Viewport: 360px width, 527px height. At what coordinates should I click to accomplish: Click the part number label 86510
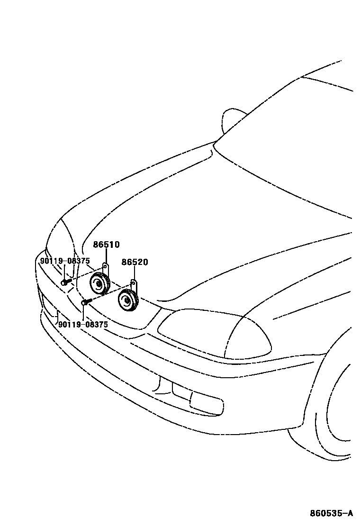[106, 245]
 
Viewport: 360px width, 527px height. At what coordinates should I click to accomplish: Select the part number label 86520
[135, 262]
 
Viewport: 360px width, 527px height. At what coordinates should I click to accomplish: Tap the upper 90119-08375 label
[65, 261]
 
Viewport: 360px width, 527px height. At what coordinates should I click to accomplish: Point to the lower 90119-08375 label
[83, 324]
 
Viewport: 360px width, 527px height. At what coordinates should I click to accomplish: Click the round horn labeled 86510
[99, 284]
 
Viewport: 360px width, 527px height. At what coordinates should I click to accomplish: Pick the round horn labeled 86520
[127, 300]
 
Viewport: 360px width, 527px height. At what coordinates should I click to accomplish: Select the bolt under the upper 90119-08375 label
[65, 282]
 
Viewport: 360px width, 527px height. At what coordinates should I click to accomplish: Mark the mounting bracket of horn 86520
[134, 285]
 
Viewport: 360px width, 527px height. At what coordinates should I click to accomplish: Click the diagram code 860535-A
[331, 513]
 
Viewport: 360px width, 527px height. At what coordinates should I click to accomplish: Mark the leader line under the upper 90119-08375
[64, 272]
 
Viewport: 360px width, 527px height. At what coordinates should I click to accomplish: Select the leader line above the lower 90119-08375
[83, 312]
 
